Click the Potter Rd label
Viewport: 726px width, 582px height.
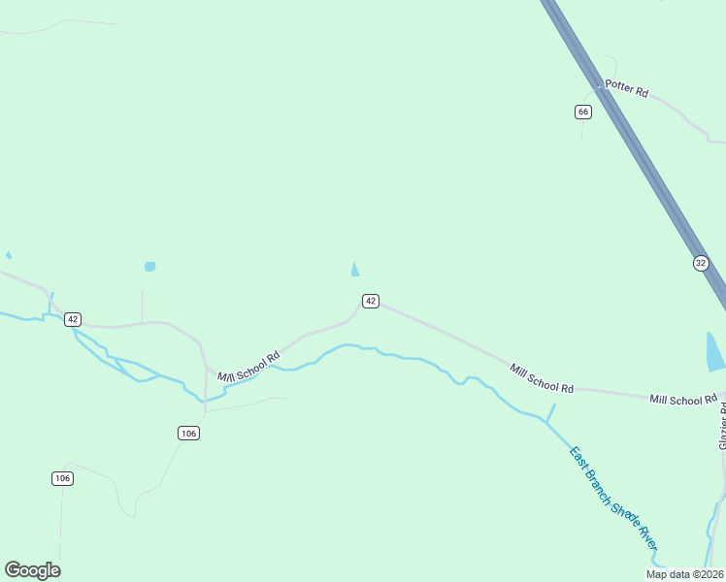click(626, 87)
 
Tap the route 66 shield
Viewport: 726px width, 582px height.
click(582, 112)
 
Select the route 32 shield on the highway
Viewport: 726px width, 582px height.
click(701, 263)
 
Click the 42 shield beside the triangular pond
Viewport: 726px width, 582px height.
click(371, 301)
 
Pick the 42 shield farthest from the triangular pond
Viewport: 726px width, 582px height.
click(74, 319)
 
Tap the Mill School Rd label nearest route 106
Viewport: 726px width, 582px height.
click(248, 366)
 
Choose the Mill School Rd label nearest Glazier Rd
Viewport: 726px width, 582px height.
click(683, 400)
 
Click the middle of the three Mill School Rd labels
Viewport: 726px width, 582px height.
click(542, 377)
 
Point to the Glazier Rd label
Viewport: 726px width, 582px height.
click(722, 426)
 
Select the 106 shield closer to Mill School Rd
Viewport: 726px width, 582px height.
click(189, 433)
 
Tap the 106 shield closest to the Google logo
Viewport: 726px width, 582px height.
click(63, 478)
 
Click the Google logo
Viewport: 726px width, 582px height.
click(32, 570)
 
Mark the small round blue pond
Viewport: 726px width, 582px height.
click(149, 266)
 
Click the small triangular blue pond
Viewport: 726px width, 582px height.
click(355, 270)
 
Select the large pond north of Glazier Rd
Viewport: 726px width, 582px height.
click(715, 351)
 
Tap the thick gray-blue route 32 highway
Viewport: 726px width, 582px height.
click(631, 145)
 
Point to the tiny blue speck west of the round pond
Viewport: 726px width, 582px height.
click(9, 255)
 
